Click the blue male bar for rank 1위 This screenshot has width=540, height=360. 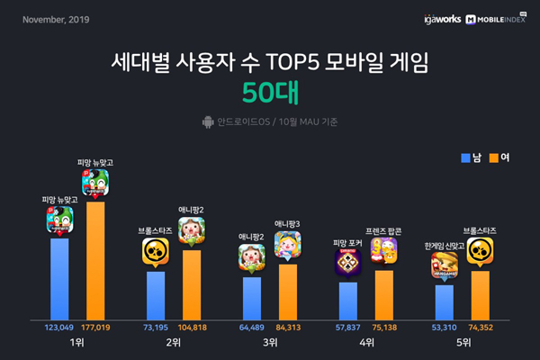click(x=59, y=278)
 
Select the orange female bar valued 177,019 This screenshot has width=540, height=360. click(x=95, y=259)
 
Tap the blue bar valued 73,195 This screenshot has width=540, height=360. click(x=156, y=294)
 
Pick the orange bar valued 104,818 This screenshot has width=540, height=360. click(x=191, y=283)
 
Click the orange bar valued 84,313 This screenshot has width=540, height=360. click(x=287, y=291)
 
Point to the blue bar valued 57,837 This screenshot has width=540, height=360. click(x=347, y=300)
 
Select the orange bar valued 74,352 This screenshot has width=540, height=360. click(x=479, y=294)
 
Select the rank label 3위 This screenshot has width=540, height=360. click(x=269, y=343)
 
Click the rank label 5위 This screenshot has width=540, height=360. click(x=462, y=343)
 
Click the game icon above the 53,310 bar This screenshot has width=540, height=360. click(x=444, y=267)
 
